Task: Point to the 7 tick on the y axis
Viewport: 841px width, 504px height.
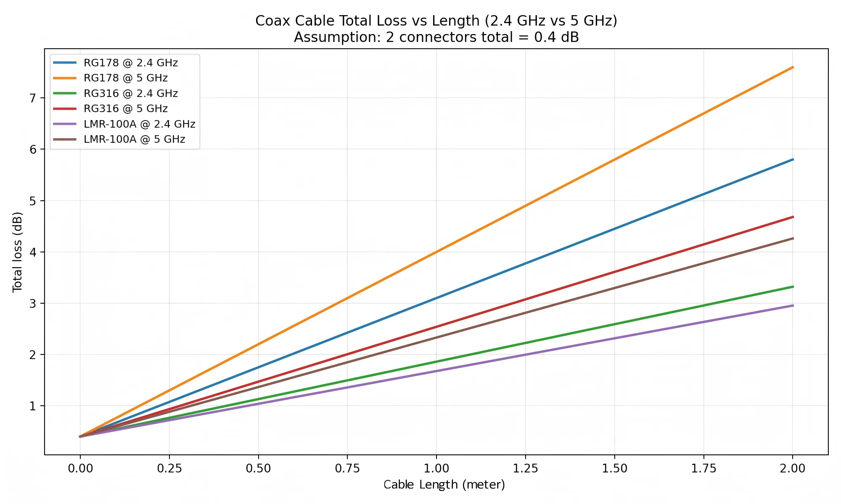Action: tap(33, 98)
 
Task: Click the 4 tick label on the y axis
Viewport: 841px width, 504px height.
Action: tap(33, 252)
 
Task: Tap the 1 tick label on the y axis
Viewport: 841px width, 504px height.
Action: tap(33, 406)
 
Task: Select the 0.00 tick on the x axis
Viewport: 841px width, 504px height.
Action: tap(80, 468)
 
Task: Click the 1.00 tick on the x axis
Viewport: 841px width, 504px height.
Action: tap(436, 468)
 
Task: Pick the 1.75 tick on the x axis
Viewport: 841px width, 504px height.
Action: tap(703, 468)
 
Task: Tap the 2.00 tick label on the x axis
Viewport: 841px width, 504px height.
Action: tap(793, 468)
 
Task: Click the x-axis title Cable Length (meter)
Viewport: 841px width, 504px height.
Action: tap(444, 485)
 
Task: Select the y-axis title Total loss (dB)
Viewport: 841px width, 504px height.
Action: tap(17, 252)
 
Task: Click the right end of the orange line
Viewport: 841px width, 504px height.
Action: tap(793, 67)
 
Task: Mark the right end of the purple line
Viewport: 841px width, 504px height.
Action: tap(793, 305)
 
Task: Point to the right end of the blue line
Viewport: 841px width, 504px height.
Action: tap(793, 160)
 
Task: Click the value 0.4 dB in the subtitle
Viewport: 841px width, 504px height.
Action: tap(556, 37)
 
